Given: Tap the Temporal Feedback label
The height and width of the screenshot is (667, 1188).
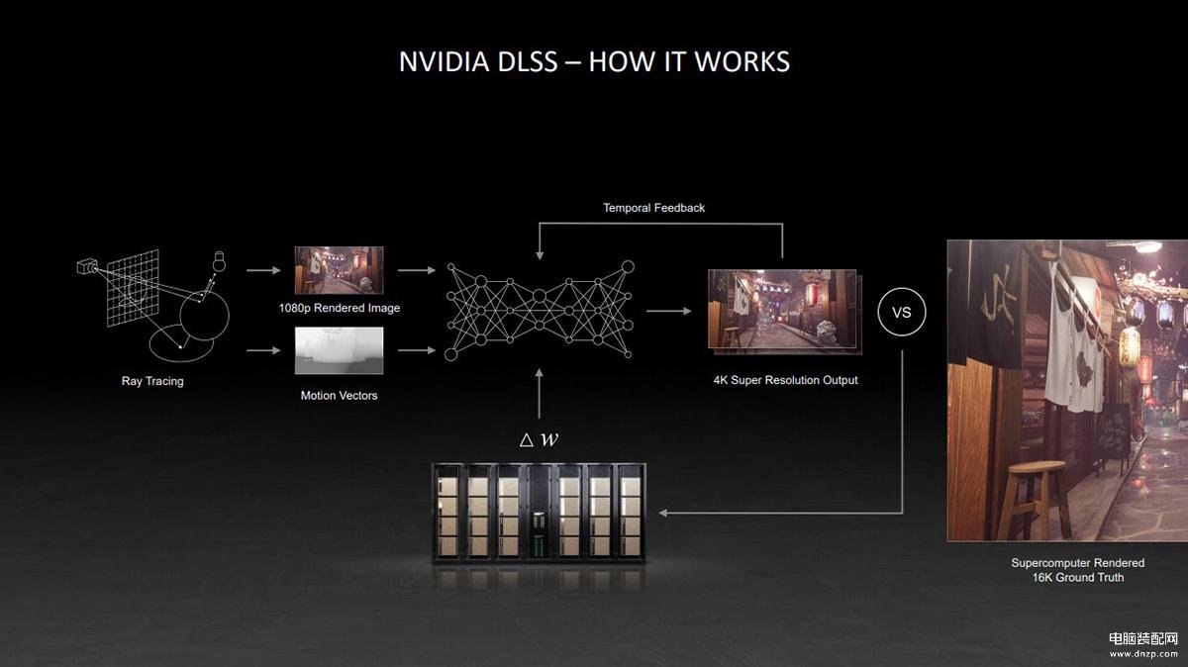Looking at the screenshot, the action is coord(654,208).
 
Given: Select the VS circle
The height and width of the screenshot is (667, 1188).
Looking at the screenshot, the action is coord(902,312).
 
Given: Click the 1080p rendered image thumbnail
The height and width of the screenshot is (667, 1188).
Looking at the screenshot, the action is coord(339,270).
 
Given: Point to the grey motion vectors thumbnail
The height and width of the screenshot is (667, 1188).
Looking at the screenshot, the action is coord(339,350).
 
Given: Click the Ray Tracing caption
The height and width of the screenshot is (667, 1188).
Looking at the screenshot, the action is coord(152,381).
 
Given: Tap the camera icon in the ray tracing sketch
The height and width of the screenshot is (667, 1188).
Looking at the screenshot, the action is coord(87,265).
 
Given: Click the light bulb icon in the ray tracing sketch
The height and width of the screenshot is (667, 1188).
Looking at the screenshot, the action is coord(219,261).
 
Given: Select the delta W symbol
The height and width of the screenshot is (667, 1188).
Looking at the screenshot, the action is coord(539,439).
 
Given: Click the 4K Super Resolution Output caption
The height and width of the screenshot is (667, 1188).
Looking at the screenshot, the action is coord(785,380).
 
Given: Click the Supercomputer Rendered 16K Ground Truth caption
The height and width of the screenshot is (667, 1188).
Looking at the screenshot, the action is coord(1078,570).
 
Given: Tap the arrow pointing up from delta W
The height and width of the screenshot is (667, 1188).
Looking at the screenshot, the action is coord(540,394).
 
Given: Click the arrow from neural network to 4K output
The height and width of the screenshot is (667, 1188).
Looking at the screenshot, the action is coord(669,311).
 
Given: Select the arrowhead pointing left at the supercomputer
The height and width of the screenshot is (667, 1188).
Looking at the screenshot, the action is coord(662,513).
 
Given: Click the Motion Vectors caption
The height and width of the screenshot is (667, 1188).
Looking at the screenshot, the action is coord(339,396).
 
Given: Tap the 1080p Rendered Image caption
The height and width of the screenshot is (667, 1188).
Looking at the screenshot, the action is coord(340,308).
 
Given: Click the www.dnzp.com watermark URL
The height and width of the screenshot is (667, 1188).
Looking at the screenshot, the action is coord(1143,654).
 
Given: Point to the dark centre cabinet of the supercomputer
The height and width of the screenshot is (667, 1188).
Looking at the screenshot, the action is coord(539,512).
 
